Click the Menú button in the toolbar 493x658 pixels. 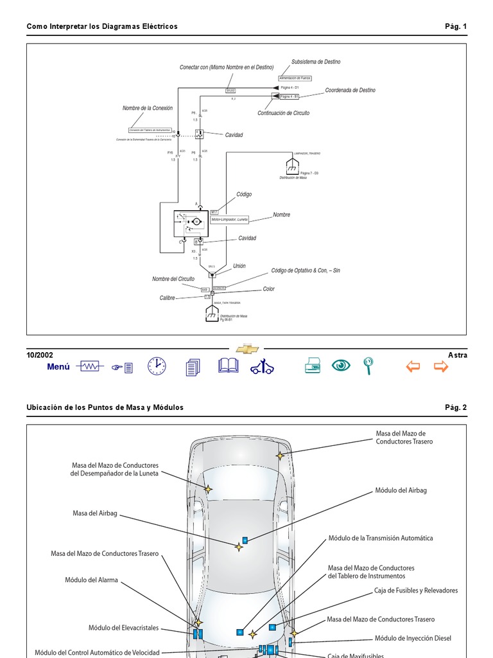tap(58, 367)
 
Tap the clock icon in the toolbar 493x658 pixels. tap(156, 366)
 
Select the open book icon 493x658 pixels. tap(228, 366)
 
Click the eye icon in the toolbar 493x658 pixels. tap(341, 366)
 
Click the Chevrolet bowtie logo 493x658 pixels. tap(247, 348)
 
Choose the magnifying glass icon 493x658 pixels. tap(368, 366)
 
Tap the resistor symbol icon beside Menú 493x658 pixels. tap(90, 366)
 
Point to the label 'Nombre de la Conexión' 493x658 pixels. tap(148, 108)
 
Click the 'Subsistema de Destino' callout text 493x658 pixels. tap(316, 62)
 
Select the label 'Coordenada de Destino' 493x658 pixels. tap(350, 90)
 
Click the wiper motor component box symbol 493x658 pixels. tap(188, 222)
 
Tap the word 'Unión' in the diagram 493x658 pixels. tap(239, 265)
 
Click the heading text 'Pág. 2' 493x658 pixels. tap(456, 407)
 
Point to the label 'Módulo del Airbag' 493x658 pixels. tap(401, 490)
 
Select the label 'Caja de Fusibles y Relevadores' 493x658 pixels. tap(416, 590)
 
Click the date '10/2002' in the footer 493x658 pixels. tap(40, 355)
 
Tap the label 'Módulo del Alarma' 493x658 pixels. tap(91, 580)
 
